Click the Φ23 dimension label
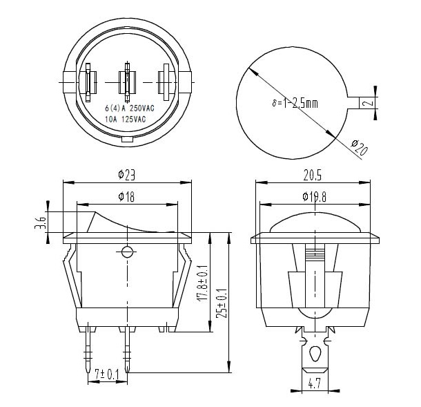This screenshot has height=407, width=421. (126, 176)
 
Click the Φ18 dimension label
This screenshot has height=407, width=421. (126, 197)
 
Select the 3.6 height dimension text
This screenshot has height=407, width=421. (41, 223)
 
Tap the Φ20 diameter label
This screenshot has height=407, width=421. (360, 147)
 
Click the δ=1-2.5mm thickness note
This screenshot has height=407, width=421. (294, 104)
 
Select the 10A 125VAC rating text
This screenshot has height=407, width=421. (126, 119)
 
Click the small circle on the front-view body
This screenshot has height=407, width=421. (127, 252)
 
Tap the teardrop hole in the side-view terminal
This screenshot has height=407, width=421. (315, 354)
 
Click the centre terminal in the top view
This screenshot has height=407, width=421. (127, 80)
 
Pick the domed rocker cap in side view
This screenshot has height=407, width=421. (315, 223)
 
